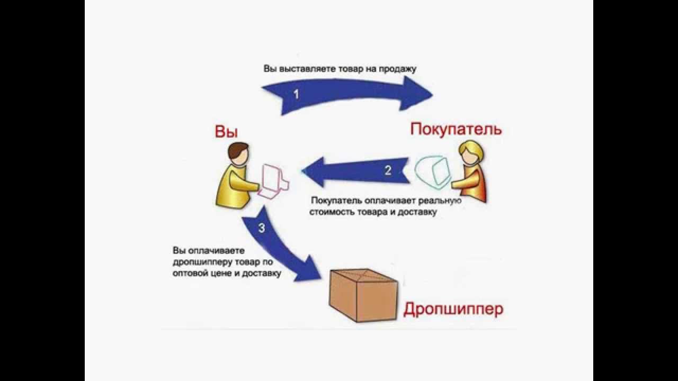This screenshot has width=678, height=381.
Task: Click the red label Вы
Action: pyautogui.click(x=226, y=132)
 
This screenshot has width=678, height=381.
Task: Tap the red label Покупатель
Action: pyautogui.click(x=456, y=129)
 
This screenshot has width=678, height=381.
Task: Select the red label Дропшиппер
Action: pyautogui.click(x=453, y=309)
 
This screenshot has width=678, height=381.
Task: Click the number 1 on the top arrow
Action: pyautogui.click(x=296, y=95)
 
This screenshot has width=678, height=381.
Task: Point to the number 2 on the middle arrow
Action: pyautogui.click(x=388, y=170)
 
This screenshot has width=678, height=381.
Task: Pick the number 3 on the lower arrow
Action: pyautogui.click(x=261, y=229)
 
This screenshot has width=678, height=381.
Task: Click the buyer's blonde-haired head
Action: pyautogui.click(x=470, y=153)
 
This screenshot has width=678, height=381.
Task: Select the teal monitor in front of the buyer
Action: pyautogui.click(x=433, y=171)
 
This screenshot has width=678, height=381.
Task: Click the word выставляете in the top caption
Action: pyautogui.click(x=300, y=69)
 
